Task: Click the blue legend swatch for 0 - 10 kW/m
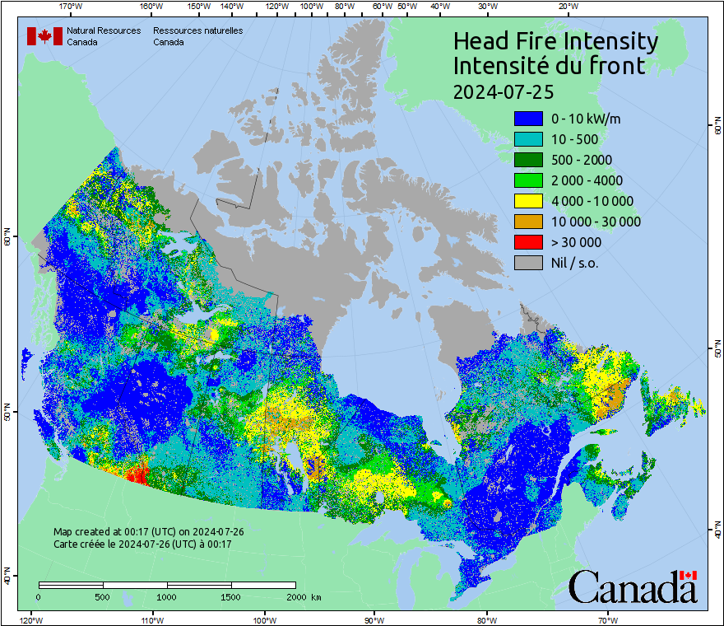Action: click(528, 119)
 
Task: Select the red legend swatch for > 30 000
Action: click(528, 242)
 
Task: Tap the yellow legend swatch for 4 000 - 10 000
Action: click(528, 201)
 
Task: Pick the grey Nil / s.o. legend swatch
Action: click(528, 263)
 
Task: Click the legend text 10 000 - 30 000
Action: click(596, 222)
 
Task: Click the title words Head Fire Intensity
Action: click(555, 41)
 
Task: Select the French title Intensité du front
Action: click(549, 66)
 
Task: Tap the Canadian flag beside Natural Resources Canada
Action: click(44, 35)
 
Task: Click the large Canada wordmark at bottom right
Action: click(633, 587)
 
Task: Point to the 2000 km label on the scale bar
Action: click(304, 596)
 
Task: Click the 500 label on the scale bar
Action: click(102, 596)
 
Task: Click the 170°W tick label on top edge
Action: click(71, 7)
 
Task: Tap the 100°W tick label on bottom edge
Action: click(264, 619)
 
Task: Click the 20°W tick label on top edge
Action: click(567, 7)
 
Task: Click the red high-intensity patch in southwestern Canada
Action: click(136, 474)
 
